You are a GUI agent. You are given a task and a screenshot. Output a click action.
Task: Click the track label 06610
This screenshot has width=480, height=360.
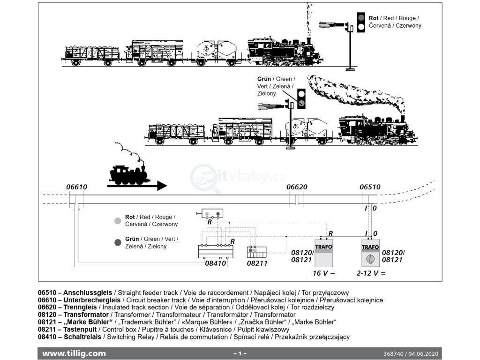tap(77, 187)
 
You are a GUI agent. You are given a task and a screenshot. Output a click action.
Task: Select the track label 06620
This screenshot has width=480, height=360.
tap(297, 187)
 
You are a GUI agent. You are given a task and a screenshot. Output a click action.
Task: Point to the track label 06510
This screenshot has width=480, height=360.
tap(370, 187)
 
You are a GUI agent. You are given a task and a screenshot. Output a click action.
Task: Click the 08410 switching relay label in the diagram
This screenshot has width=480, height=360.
tap(216, 263)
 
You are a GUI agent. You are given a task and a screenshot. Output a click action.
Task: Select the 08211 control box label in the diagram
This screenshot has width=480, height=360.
tap(257, 263)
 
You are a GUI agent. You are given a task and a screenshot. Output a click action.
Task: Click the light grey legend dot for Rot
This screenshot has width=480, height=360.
tap(118, 220)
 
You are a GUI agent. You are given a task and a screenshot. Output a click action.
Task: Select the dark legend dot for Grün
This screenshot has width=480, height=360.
tap(118, 242)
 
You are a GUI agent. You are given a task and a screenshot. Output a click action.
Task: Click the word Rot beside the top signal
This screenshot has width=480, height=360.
tap(374, 18)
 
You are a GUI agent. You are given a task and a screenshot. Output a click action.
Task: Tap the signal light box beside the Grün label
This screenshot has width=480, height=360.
tap(302, 99)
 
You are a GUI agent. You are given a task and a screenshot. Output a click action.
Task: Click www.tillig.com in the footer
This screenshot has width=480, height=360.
tap(74, 353)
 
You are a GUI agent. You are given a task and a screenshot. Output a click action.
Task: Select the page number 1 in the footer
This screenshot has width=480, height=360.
tap(240, 353)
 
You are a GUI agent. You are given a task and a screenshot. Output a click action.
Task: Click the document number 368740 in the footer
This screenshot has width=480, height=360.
tap(393, 353)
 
